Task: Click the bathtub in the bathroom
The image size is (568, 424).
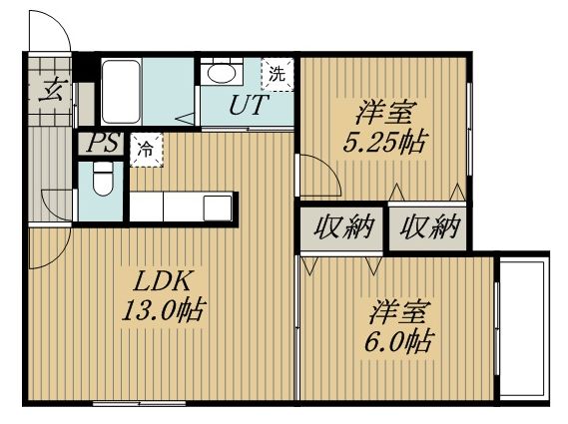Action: coord(121,92)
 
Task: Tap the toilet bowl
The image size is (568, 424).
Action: coord(103,179)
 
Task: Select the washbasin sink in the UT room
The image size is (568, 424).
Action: coord(222,73)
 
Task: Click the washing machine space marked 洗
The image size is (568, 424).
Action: coord(278,74)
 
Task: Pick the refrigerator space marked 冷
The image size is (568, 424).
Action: coord(147,150)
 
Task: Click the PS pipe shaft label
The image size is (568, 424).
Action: coord(103,143)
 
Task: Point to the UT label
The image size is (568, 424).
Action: coord(249,105)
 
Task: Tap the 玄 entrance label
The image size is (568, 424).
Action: coord(51,91)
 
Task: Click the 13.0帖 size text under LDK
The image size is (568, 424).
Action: coord(164,309)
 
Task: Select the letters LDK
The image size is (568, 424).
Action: coord(162,281)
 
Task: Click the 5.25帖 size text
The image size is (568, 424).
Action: coord(384,142)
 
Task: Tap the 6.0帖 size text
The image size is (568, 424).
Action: coord(398,341)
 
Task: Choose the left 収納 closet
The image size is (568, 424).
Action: coord(342,228)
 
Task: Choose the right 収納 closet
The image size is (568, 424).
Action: coord(428,228)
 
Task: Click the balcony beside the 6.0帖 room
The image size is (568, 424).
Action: coord(522,329)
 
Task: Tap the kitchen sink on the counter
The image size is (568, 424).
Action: coord(218,208)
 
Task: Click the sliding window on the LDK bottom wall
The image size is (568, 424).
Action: coord(139,403)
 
